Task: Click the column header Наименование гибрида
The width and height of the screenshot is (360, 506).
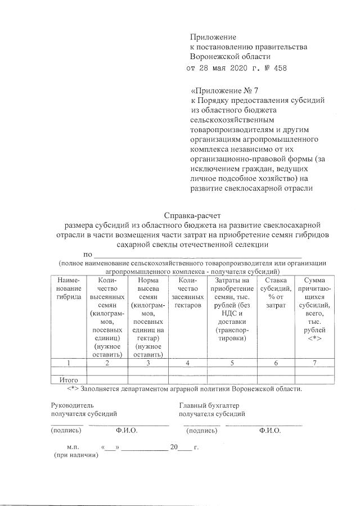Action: (69, 288)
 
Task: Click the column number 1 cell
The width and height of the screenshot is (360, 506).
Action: (69, 363)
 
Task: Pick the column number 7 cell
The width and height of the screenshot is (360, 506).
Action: (314, 363)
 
